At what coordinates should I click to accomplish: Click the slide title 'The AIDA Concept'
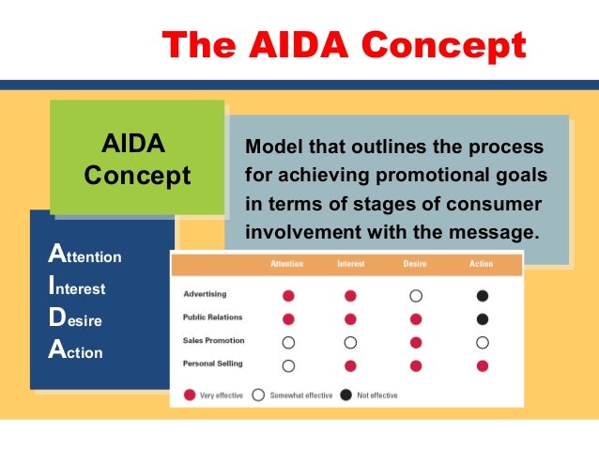coord(344,43)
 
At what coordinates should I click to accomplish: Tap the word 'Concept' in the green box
coord(137,176)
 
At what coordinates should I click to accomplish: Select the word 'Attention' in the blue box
coord(84,256)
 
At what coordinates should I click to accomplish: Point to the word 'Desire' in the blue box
coord(76,320)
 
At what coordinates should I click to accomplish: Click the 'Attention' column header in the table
coord(286,264)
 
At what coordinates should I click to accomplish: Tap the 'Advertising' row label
coord(204,295)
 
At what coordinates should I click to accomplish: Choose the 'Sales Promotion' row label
coord(213,342)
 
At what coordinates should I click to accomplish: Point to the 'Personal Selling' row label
coord(213,365)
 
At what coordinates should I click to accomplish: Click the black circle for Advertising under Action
coord(482,296)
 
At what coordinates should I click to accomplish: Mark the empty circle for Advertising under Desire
coord(416,296)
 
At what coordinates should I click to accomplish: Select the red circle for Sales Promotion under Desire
coord(416,342)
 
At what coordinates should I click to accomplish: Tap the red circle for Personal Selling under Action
coord(482,365)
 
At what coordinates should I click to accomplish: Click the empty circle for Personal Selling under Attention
coord(288,365)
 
